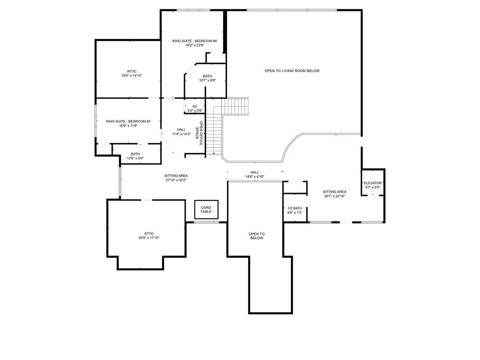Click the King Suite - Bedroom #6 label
[x=194, y=41]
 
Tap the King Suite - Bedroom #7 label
[x=128, y=121]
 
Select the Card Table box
[x=206, y=209]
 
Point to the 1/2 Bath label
[x=295, y=208]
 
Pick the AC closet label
[x=195, y=106]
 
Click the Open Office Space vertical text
[x=199, y=133]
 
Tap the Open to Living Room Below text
[x=292, y=71]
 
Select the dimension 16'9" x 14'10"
[x=132, y=76]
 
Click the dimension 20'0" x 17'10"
[x=149, y=238]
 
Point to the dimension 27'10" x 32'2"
[x=176, y=180]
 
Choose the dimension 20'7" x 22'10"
[x=334, y=196]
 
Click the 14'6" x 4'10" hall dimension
[x=254, y=177]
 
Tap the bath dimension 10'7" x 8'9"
[x=207, y=80]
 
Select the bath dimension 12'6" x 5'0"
[x=135, y=158]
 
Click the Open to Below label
[x=256, y=236]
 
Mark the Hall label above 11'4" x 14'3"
[x=181, y=130]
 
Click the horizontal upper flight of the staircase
[x=235, y=106]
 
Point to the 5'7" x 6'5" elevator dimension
[x=373, y=187]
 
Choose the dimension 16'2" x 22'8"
[x=195, y=45]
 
